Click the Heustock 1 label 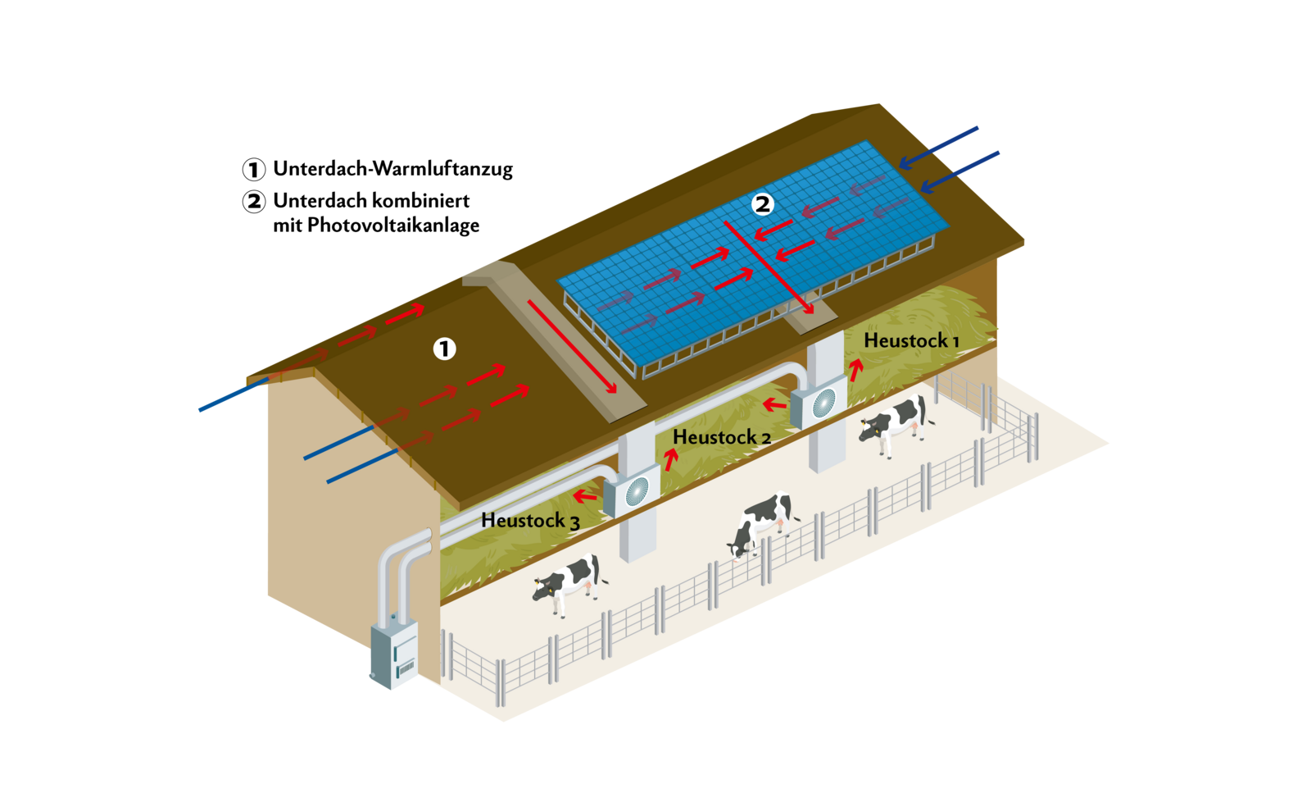click(910, 340)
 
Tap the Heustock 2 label click(721, 438)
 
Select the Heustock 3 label click(530, 521)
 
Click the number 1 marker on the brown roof click(444, 349)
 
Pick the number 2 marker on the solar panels click(763, 204)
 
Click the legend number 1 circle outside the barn click(254, 170)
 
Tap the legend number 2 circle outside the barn click(254, 202)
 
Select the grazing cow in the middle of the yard click(761, 522)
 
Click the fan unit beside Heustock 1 click(819, 403)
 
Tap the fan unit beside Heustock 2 click(633, 491)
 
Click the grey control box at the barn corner click(394, 656)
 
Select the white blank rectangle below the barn click(873, 729)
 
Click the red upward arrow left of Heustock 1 click(855, 370)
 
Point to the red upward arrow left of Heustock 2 click(671, 459)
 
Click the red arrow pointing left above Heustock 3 click(585, 496)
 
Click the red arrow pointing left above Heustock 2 click(774, 403)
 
